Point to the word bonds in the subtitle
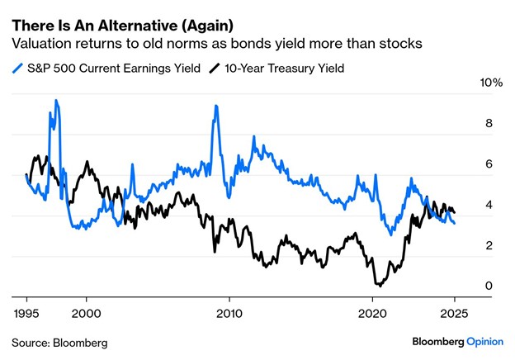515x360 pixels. [x=257, y=41]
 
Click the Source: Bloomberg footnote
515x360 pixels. [x=59, y=341]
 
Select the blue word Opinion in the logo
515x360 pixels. [x=484, y=341]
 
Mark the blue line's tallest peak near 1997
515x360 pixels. [x=56, y=101]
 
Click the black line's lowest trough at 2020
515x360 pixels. [x=377, y=285]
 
